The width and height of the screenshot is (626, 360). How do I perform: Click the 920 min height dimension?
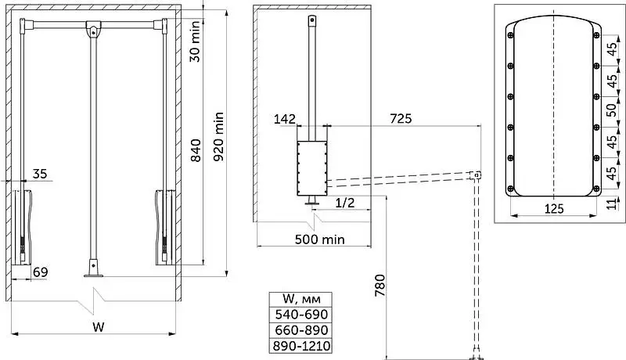219,136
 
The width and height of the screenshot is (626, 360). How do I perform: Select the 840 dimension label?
196,150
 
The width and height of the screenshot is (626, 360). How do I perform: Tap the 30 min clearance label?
195,41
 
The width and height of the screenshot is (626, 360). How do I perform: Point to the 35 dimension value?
40,174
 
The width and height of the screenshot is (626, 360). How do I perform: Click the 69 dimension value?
41,272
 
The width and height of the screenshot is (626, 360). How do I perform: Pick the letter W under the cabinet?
99,327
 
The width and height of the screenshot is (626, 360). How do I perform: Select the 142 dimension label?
285,119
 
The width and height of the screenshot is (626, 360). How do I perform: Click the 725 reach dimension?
401,118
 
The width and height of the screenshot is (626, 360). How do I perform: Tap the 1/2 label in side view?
344,203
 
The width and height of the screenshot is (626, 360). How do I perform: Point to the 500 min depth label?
319,239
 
